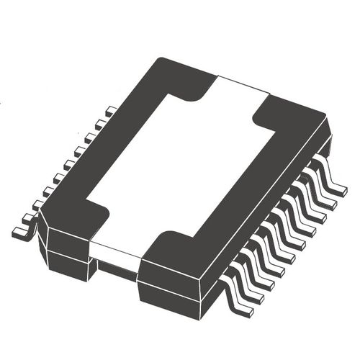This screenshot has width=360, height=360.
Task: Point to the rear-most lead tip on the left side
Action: pyautogui.click(x=110, y=112)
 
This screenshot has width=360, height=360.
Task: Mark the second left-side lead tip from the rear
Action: pyautogui.click(x=100, y=124)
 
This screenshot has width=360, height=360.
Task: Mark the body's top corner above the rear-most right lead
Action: pyautogui.click(x=328, y=119)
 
